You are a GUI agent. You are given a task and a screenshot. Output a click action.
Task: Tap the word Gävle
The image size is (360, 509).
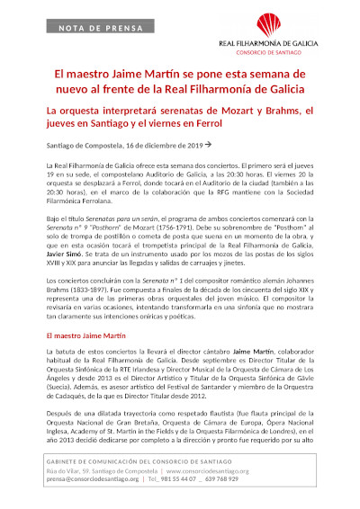coord(303,380)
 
